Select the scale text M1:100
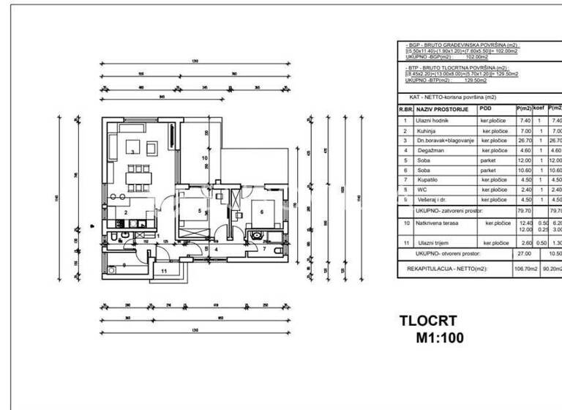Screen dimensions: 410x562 [x=440, y=338]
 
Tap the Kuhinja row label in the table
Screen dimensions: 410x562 [x=427, y=130]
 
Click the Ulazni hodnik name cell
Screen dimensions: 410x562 [x=432, y=120]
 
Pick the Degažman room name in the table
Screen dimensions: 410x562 [x=430, y=150]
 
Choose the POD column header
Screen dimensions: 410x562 [x=486, y=108]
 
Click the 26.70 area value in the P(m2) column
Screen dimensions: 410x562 [x=523, y=140]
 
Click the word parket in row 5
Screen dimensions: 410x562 [x=489, y=160]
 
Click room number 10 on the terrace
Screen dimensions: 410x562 [x=205, y=157]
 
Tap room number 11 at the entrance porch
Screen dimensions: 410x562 [x=165, y=271]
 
